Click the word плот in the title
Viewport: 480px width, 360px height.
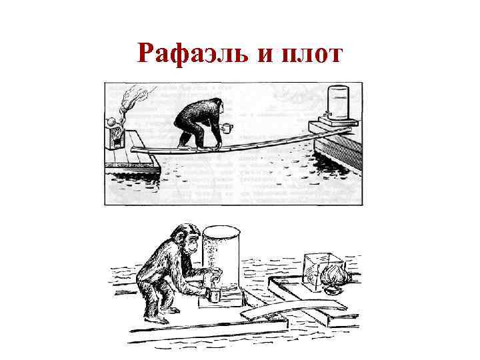[x=313, y=53]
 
